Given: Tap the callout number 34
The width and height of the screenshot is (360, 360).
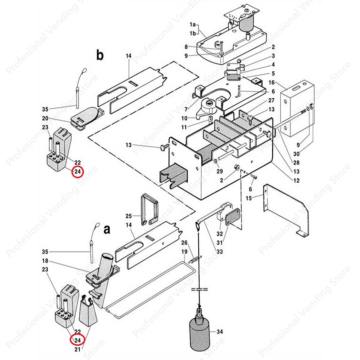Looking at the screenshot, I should point(219,332).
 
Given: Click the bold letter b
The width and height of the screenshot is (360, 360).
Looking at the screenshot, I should point(100,56).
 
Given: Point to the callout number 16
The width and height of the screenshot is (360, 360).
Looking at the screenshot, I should point(271,82).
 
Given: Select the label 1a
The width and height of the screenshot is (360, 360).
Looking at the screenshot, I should point(193,25).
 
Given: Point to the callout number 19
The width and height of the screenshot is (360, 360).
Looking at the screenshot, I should point(184,251).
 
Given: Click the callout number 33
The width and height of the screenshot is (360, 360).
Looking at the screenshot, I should point(219,252).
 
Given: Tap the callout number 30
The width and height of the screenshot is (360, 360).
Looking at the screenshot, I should point(296,154).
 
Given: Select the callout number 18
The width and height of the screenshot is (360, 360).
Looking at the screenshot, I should point(45,261).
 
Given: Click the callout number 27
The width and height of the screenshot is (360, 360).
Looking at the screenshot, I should point(271,100).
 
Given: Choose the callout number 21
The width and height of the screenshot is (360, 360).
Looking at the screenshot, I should point(77,349).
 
